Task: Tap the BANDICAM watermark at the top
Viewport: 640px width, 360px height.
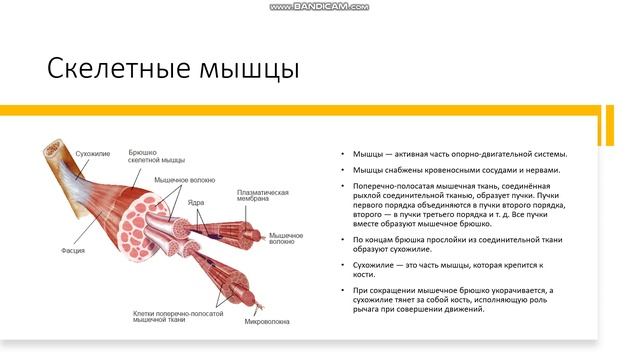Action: click(x=319, y=6)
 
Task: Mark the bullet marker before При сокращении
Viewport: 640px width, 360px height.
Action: click(x=344, y=290)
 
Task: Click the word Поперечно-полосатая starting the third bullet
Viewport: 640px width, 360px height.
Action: click(x=391, y=186)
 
